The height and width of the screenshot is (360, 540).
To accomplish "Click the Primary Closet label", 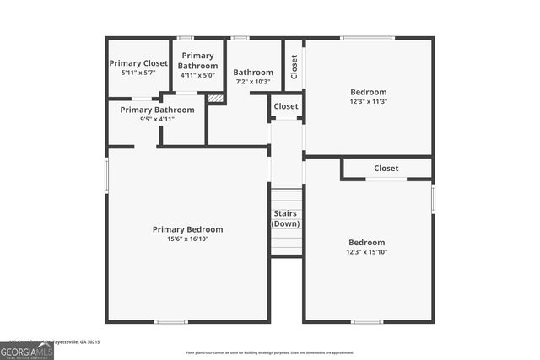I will pyautogui.click(x=138, y=63).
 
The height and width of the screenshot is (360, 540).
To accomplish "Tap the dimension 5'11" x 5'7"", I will pyautogui.click(x=138, y=73).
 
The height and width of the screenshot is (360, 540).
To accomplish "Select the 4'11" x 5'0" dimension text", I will pyautogui.click(x=197, y=75).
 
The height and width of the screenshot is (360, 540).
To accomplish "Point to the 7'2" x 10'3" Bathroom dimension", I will pyautogui.click(x=253, y=82).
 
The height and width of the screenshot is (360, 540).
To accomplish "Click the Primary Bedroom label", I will pyautogui.click(x=187, y=229).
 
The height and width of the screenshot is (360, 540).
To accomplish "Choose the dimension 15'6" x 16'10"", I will pyautogui.click(x=187, y=239).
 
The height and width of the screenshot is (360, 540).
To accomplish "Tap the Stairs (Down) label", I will pyautogui.click(x=286, y=219).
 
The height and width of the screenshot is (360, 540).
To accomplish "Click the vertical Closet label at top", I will pyautogui.click(x=294, y=65).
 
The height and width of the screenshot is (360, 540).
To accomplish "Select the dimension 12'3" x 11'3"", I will pyautogui.click(x=368, y=101).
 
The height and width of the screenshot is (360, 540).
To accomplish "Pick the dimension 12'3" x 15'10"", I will pyautogui.click(x=366, y=252).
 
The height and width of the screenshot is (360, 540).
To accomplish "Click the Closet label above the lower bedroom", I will pyautogui.click(x=386, y=169).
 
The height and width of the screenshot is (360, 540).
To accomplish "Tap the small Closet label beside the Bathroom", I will pyautogui.click(x=286, y=107).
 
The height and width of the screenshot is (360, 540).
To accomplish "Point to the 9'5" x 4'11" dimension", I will pyautogui.click(x=157, y=119).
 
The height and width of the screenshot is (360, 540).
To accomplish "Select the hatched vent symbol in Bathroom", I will pyautogui.click(x=215, y=99).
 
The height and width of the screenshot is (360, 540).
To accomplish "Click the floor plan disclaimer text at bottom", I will pyautogui.click(x=269, y=353).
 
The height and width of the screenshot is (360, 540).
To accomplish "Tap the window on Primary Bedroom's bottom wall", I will pyautogui.click(x=171, y=321).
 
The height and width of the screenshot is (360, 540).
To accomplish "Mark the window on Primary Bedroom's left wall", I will pyautogui.click(x=107, y=177).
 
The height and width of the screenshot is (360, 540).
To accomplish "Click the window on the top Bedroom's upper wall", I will pyautogui.click(x=367, y=38).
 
